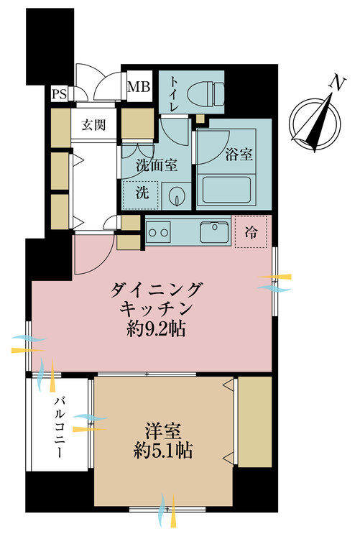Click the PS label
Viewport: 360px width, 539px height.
coord(58,93)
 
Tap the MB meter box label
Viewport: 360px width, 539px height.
coord(139,88)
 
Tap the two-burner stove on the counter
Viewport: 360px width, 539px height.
coord(158,232)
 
